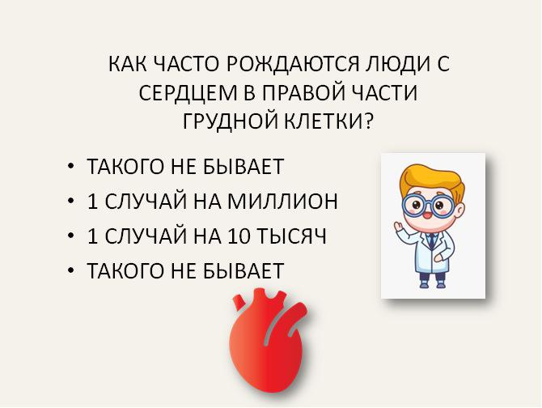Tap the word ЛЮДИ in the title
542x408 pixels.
click(397, 64)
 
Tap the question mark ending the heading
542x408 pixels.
click(368, 121)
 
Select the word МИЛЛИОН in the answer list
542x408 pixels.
click(282, 202)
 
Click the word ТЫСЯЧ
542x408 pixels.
click(292, 236)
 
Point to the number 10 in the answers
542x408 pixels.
click(239, 236)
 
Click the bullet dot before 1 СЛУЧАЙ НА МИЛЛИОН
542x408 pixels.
click(71, 201)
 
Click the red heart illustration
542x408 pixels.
click(269, 341)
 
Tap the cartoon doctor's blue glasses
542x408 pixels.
click(428, 206)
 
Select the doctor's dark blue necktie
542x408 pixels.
click(431, 240)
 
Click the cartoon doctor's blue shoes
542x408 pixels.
click(432, 283)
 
